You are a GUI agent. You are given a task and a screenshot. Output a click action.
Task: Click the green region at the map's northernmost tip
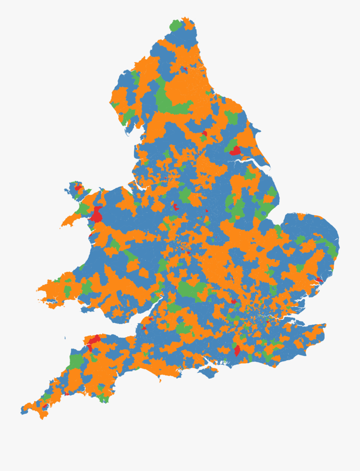coord(175,26)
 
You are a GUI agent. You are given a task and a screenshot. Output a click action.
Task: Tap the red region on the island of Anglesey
coord(78,187)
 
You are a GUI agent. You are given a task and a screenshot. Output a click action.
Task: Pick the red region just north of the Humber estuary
coord(235,151)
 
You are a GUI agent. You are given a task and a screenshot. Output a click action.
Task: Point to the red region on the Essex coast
coord(319,280)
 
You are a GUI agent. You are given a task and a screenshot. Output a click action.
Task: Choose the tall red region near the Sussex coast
coord(237,351)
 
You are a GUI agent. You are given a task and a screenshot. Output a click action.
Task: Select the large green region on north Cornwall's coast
coord(76,360)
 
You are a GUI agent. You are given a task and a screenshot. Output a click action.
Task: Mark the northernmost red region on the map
coord(184,69)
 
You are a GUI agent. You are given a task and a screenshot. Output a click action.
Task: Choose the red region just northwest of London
coord(233,301)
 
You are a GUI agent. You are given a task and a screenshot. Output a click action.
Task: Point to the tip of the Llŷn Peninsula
coord(63,226)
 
